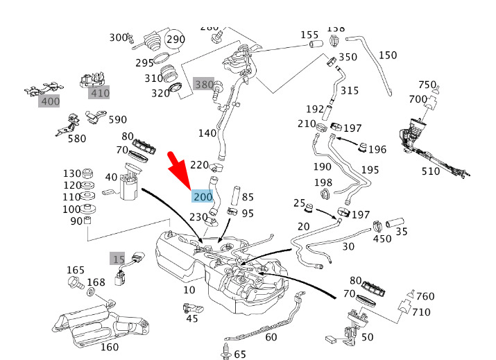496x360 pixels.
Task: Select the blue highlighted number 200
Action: (203, 197)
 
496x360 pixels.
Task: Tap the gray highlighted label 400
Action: (50, 101)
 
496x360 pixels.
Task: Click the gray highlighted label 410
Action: (100, 93)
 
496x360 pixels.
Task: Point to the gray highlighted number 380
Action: (204, 85)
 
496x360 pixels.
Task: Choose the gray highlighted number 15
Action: (119, 259)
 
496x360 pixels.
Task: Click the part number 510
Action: (431, 171)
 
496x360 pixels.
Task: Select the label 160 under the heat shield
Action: (110, 348)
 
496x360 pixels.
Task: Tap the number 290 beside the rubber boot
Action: (176, 40)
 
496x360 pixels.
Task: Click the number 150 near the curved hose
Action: (388, 55)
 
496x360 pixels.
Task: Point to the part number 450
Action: (382, 239)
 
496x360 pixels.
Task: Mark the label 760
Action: (425, 297)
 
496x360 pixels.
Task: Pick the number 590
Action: (117, 120)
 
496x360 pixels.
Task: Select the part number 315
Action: (350, 91)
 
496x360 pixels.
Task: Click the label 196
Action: (377, 149)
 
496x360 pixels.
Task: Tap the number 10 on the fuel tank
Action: (189, 290)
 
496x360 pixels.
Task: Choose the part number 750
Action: (427, 85)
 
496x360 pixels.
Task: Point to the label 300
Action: (119, 37)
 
